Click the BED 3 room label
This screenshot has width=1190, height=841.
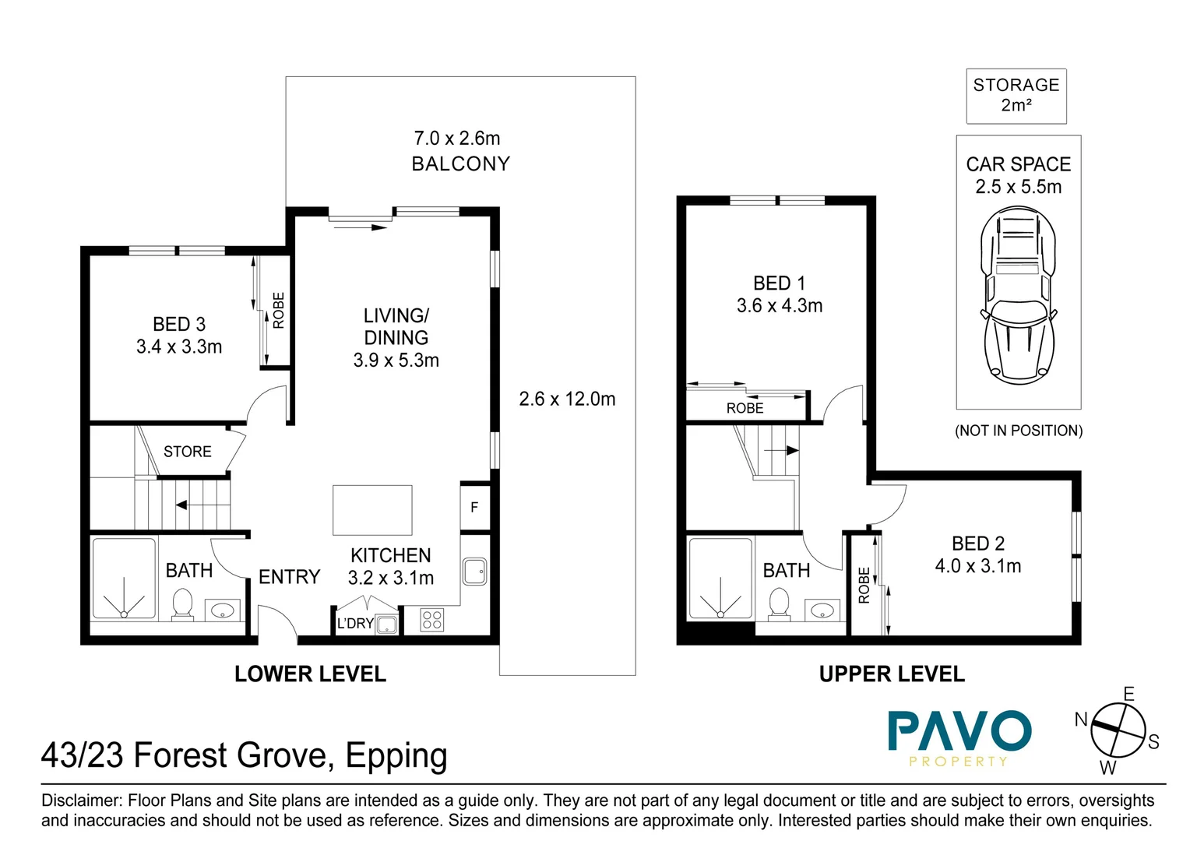(x=179, y=324)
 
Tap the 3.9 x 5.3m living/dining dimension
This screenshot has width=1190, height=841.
(x=396, y=361)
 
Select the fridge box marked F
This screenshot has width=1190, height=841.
(x=475, y=508)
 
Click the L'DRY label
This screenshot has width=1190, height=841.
(x=355, y=623)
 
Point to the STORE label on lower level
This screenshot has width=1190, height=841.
(x=188, y=452)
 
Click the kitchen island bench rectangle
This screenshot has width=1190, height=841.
(x=372, y=510)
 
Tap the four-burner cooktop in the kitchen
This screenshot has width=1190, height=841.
(x=432, y=620)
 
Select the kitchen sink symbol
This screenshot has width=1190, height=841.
(x=474, y=572)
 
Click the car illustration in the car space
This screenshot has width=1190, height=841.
(x=1017, y=295)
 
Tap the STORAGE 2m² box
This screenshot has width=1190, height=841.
(x=1016, y=96)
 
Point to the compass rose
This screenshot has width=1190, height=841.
(x=1118, y=730)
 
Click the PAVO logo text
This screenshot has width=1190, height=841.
(x=960, y=731)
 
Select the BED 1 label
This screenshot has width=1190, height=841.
(x=780, y=283)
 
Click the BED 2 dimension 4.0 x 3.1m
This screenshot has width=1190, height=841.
(x=978, y=566)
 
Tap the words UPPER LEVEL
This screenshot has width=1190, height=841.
(x=892, y=674)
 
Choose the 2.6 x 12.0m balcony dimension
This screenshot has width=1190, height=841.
(x=568, y=399)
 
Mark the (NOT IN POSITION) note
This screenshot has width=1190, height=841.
(x=1019, y=431)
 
